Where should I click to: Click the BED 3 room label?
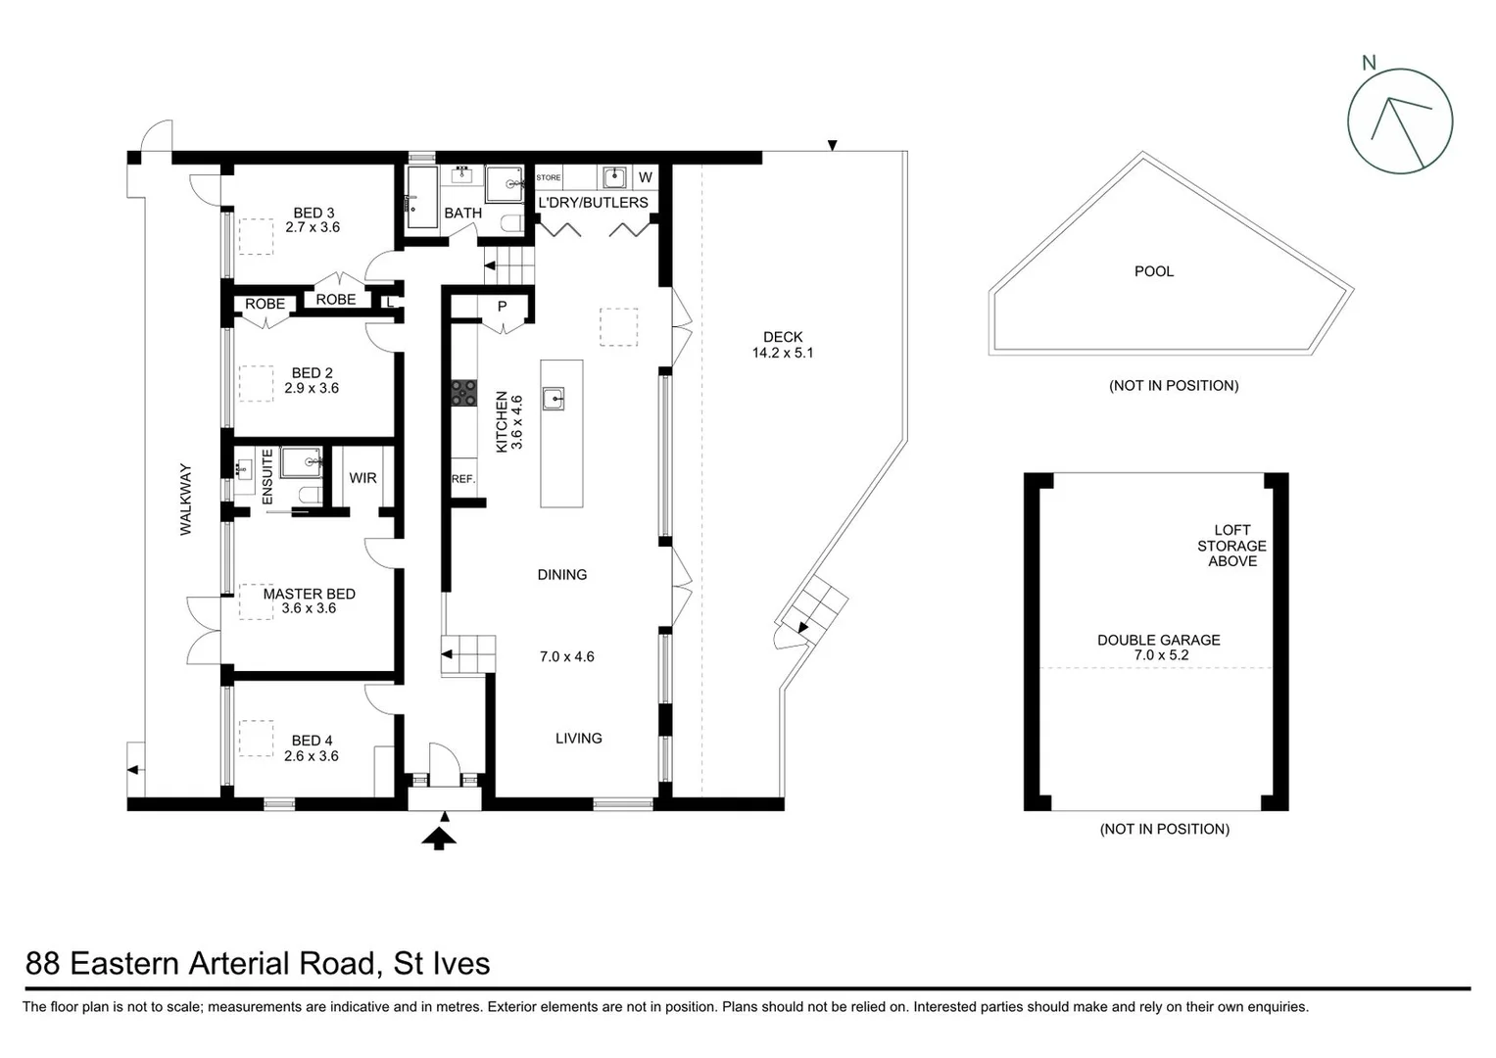coord(314,213)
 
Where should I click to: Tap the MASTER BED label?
coord(309,594)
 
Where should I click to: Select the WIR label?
coord(362,478)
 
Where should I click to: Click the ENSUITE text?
coord(267,477)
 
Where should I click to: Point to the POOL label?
coord(1153,271)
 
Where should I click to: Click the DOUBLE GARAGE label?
coord(1158,640)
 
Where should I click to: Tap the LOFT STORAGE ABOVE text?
coord(1231,546)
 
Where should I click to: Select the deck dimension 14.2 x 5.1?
coord(782,353)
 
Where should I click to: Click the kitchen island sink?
coord(554,399)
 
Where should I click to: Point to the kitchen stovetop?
coord(462,393)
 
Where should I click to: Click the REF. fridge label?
coord(462,479)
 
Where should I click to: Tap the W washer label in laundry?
coord(645,177)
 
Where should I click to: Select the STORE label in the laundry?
coord(549,177)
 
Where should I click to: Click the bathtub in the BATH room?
coord(422,197)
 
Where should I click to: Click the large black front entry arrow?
coord(439,838)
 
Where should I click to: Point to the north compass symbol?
coord(1399,121)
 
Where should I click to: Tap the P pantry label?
coord(502,307)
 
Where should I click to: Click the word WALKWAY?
coord(185,500)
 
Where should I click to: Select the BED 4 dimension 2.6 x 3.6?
coord(312,756)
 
